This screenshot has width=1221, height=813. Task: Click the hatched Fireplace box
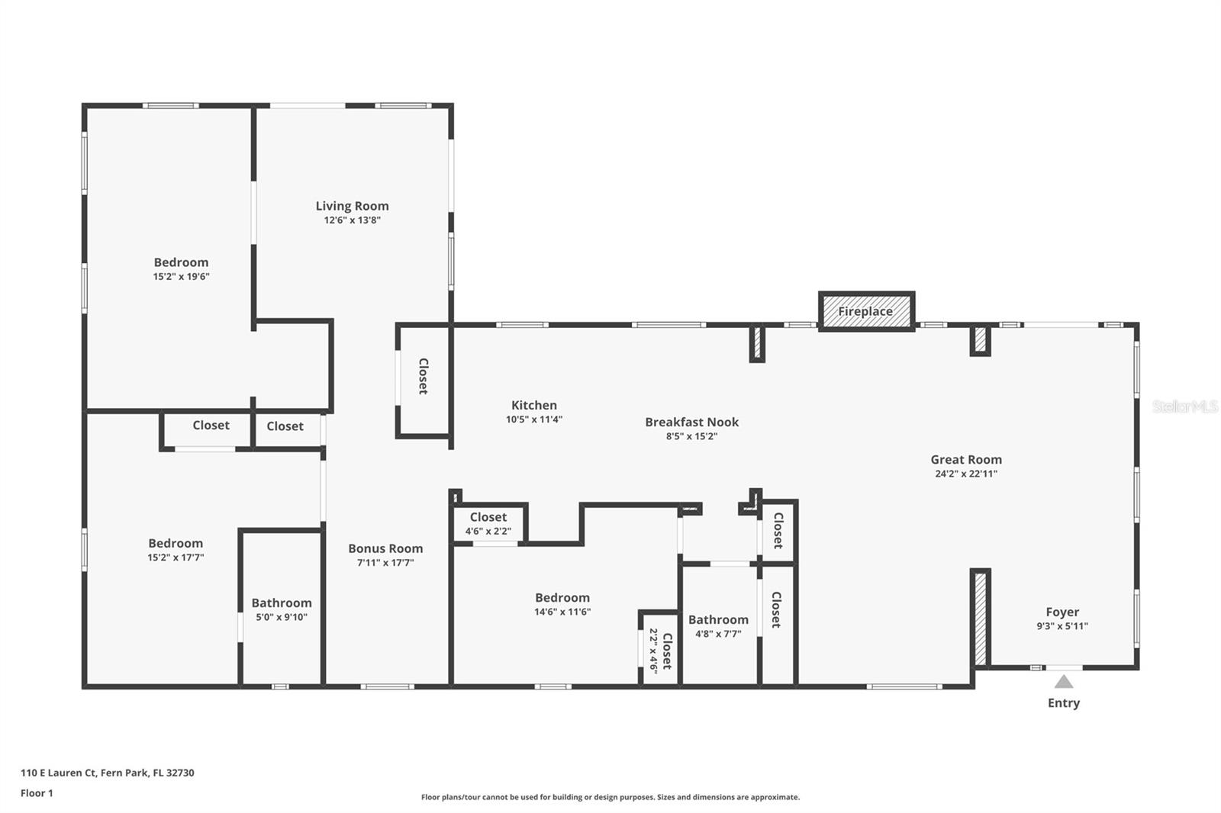click(866, 311)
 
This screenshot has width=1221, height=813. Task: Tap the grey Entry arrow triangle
click(1063, 681)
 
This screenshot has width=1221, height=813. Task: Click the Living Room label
click(352, 206)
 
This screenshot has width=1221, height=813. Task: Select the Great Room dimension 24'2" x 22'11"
click(966, 474)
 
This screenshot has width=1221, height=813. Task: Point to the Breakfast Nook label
click(691, 422)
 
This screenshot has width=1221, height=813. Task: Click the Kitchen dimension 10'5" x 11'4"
click(534, 419)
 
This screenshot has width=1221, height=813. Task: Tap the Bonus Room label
click(385, 548)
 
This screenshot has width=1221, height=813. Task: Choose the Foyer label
click(1062, 612)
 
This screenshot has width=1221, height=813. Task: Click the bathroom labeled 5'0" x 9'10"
click(282, 609)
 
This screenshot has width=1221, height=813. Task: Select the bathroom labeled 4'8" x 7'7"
click(718, 626)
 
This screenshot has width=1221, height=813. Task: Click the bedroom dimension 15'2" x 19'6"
click(181, 277)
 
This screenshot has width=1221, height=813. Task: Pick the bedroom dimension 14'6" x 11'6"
click(562, 612)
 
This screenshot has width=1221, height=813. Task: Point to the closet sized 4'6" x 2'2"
click(488, 524)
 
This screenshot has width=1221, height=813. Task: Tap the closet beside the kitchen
click(423, 376)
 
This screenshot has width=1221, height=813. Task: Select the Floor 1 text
click(37, 793)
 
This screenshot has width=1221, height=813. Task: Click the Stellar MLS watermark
click(1184, 406)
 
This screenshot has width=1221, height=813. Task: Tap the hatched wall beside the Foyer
click(981, 619)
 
